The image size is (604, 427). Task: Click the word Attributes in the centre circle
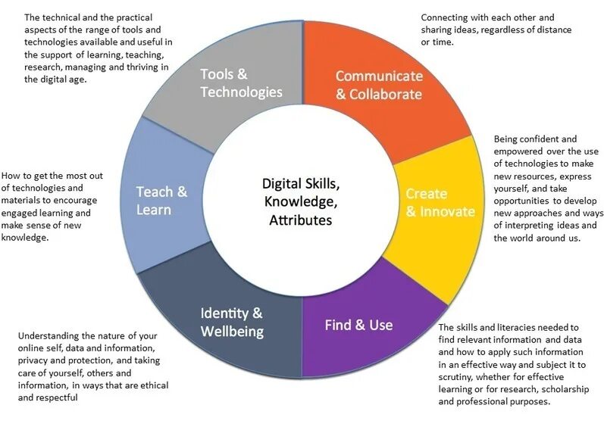click(301, 220)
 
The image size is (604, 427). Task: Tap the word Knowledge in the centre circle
click(300, 202)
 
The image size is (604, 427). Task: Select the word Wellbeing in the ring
click(232, 332)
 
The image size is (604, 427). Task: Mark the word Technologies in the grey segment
click(241, 92)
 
